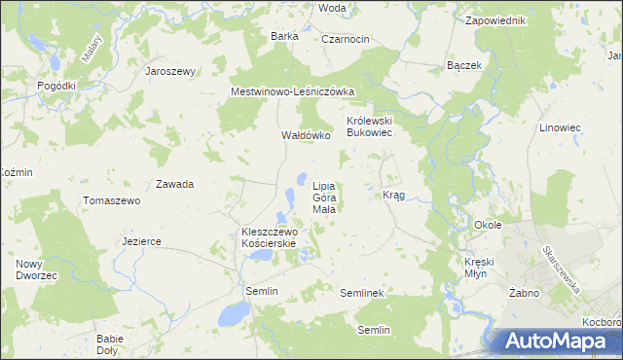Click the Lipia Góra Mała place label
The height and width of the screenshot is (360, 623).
324,197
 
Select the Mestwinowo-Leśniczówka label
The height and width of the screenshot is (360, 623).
292,91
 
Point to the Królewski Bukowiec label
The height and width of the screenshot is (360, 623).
369,127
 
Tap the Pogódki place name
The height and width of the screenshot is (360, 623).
56,86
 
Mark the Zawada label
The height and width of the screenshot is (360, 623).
174,184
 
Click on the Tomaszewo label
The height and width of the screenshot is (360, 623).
112,200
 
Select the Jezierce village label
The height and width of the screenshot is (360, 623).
141,241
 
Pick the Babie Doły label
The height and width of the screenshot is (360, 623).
109,344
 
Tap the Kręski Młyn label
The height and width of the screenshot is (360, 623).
481,269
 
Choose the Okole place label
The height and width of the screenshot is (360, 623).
488,225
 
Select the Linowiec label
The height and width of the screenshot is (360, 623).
587,128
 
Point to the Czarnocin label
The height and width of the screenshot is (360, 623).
345,38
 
